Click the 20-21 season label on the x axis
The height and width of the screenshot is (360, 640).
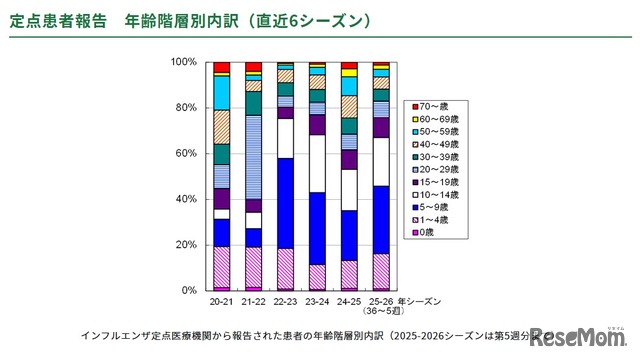tap(222, 300)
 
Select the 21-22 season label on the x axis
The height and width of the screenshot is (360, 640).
tap(253, 300)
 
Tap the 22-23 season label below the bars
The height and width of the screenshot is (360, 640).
tap(285, 300)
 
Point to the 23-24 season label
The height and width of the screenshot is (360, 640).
tap(317, 300)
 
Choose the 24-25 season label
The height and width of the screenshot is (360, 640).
tap(349, 300)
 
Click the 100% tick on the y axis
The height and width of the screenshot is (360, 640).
tap(183, 62)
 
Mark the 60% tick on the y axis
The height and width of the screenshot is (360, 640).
tap(185, 153)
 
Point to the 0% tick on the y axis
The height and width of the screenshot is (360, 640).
tap(188, 290)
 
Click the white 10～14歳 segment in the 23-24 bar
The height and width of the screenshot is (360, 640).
tap(317, 163)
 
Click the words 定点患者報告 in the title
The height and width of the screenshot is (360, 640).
tap(59, 20)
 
